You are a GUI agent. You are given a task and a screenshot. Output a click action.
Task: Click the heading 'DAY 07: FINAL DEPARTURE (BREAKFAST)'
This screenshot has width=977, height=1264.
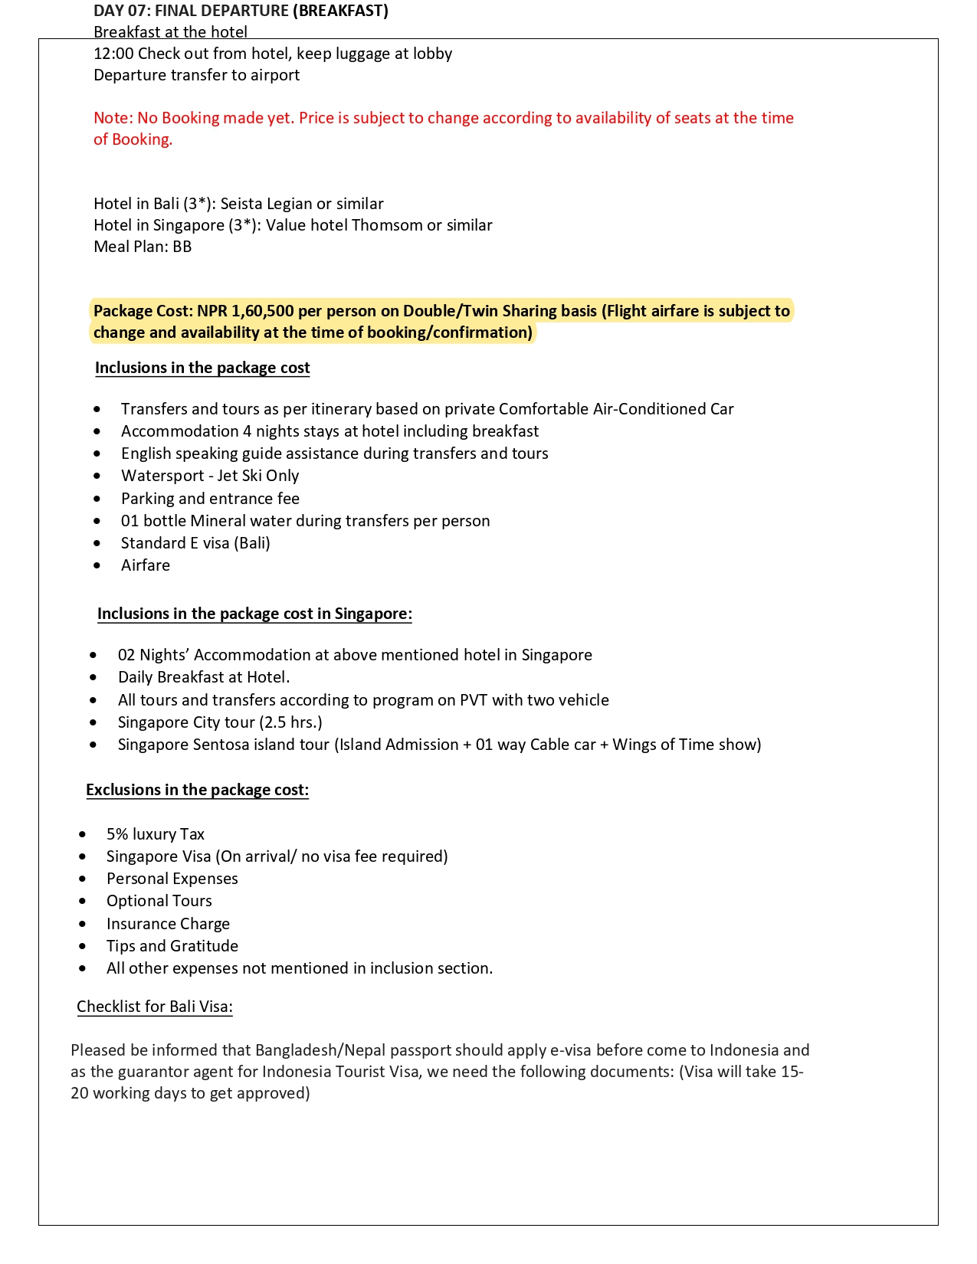point(241,11)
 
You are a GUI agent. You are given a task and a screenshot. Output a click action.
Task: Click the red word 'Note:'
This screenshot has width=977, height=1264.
point(113,118)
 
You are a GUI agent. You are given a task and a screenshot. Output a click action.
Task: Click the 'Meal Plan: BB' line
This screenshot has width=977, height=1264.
point(143,247)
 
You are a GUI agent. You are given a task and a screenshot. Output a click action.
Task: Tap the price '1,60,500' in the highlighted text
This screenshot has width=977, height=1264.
point(263,311)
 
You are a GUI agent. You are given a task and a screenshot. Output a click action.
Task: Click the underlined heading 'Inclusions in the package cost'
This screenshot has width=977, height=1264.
point(202,368)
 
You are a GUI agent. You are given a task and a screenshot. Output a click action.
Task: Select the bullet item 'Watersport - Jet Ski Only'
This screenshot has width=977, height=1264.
point(210,476)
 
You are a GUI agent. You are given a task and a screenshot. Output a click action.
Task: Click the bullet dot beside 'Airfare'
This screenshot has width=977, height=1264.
point(97,566)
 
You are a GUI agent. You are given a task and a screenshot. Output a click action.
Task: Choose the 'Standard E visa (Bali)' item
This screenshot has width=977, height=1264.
point(195,543)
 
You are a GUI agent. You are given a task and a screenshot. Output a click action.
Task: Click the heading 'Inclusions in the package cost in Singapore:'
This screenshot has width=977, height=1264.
point(254,614)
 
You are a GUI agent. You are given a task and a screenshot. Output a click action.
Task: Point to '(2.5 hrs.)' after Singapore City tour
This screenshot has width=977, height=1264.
point(290,722)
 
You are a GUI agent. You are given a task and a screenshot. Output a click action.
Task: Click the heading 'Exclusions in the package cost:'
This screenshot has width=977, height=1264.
point(197,790)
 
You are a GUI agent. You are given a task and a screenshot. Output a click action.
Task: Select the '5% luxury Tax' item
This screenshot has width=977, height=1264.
point(156,834)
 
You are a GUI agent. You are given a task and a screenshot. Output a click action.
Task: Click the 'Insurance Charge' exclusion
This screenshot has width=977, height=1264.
point(168,924)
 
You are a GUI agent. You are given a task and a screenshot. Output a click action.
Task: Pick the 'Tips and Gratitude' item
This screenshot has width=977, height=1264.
point(172,946)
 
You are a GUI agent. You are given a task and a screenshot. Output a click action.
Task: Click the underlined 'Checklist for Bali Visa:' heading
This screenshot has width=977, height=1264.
point(155,1007)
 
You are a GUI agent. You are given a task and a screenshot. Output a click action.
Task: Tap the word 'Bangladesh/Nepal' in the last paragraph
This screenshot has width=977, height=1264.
point(314,1050)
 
